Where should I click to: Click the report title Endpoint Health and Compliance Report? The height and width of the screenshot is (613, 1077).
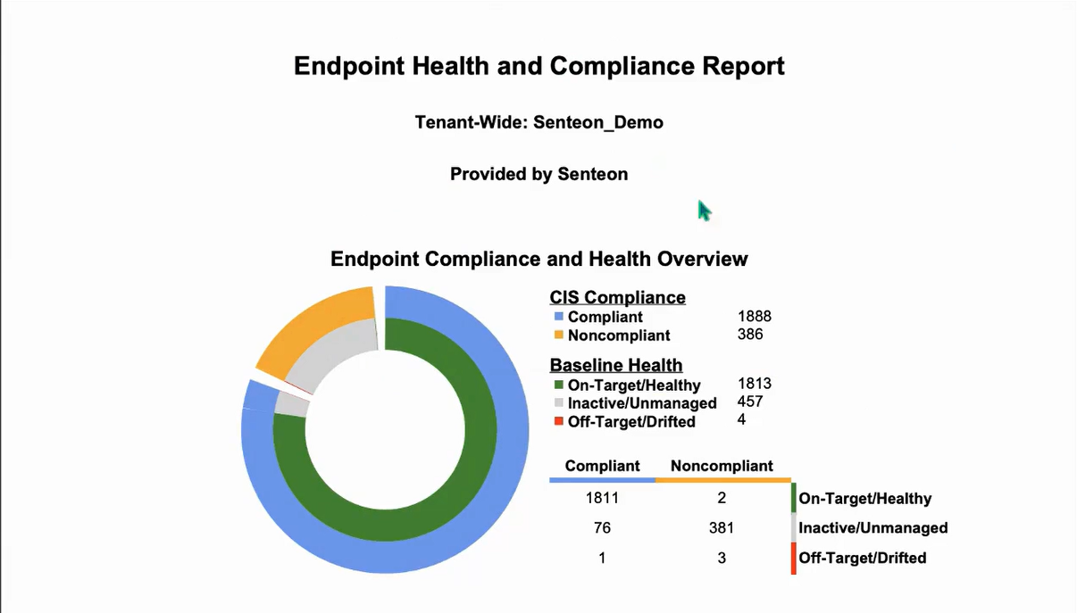[538, 66]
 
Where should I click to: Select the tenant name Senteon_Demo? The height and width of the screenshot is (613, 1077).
[597, 122]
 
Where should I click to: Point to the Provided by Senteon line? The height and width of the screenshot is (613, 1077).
[538, 174]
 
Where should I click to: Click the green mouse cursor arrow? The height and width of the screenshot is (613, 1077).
[704, 211]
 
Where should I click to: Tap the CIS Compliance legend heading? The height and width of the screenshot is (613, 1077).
[617, 297]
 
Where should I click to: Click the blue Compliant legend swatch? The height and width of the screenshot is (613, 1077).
[558, 317]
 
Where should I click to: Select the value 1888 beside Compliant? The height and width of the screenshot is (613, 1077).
[754, 317]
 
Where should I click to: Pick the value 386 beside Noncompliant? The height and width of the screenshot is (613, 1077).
[750, 335]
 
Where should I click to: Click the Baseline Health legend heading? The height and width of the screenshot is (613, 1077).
[615, 365]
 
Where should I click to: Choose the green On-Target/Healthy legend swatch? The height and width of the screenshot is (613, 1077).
[558, 385]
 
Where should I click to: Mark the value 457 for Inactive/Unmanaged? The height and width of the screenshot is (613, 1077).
[750, 402]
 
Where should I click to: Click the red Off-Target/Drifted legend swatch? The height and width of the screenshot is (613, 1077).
[558, 421]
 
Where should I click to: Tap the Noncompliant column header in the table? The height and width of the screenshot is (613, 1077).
[722, 466]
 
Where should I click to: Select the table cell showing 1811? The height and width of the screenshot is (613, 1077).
[602, 498]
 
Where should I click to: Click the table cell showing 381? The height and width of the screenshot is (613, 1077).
[722, 527]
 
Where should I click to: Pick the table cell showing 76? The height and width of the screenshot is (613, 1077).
[602, 527]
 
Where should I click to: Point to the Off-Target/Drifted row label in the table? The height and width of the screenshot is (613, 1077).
[862, 558]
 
